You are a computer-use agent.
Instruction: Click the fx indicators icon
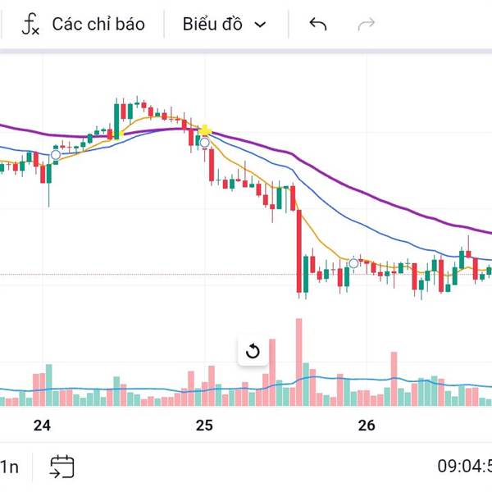pos(30,24)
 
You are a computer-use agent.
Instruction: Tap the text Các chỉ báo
pos(98,24)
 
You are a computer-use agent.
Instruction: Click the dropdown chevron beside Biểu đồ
pos(261,25)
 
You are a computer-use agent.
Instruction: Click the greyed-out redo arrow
pos(367,24)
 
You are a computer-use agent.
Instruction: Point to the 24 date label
pos(43,425)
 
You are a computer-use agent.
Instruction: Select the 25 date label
pos(204,425)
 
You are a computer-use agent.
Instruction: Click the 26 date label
pos(367,425)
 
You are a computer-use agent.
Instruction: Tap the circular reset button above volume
pos(253,352)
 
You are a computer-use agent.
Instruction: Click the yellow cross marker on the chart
pos(205,130)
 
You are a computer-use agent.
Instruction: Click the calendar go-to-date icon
pos(62,467)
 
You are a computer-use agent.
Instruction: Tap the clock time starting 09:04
pos(464,467)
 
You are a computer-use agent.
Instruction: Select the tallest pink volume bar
pos(298,361)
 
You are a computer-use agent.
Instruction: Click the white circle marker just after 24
pos(56,154)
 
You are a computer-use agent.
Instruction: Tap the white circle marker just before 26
pos(354,263)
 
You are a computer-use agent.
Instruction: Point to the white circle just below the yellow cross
pos(204,142)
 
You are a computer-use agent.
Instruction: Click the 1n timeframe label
pos(10,467)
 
